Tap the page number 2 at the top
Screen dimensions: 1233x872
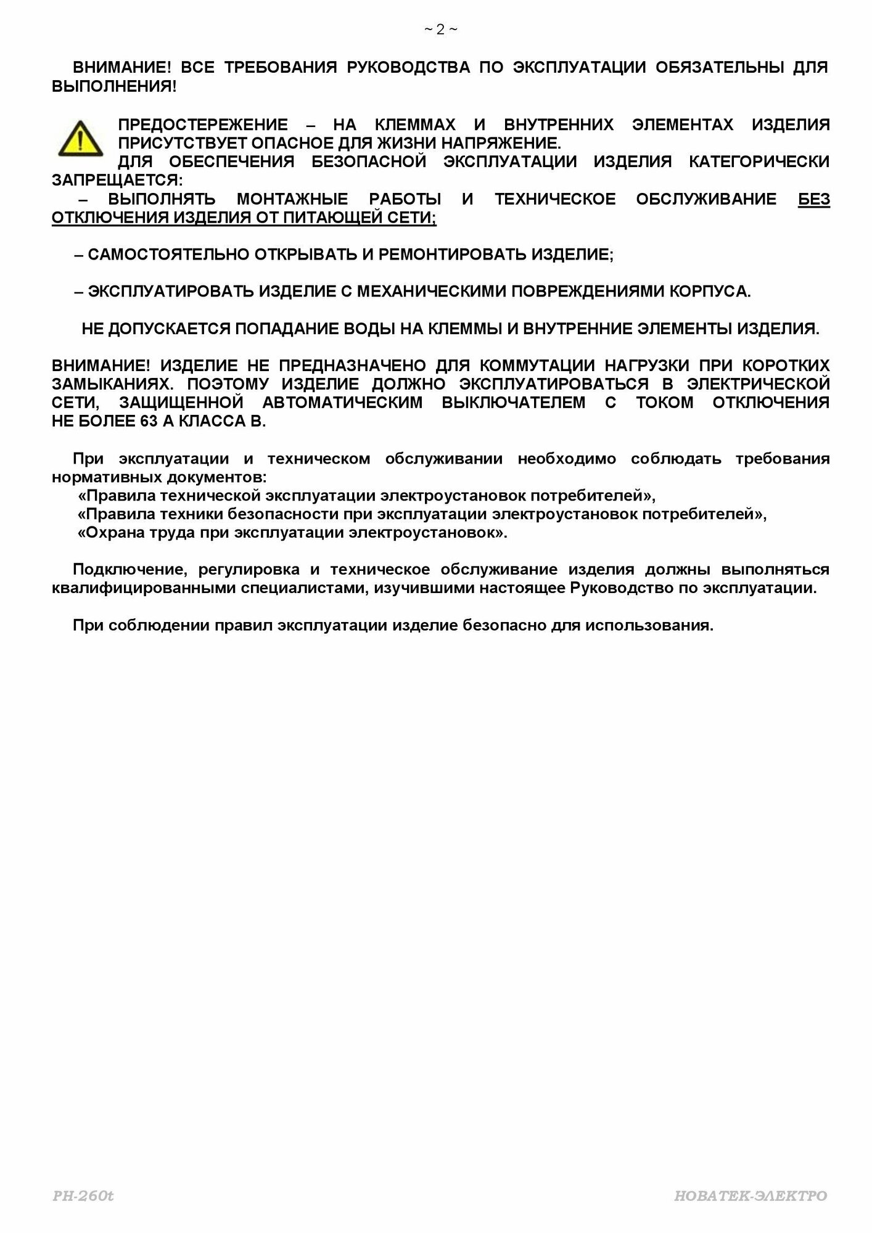coord(440,30)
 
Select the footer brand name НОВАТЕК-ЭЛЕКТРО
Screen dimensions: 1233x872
coord(751,1196)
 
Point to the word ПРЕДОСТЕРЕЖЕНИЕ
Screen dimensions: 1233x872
coord(203,125)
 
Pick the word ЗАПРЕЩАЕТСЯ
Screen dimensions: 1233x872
coord(117,181)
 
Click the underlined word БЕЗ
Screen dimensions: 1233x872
coord(813,199)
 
